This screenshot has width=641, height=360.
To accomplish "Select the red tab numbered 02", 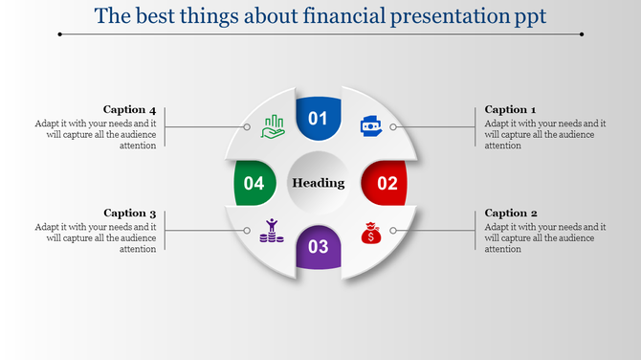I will [x=386, y=183].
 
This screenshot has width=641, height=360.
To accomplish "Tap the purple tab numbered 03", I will [x=318, y=247].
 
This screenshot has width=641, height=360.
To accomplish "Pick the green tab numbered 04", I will [x=254, y=183].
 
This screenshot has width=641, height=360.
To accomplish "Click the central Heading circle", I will [x=319, y=183].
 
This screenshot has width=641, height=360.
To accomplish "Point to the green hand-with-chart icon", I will [x=273, y=126].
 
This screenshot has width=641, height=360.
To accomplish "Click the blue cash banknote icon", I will [x=369, y=125].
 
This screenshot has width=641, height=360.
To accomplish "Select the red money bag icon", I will [x=369, y=232].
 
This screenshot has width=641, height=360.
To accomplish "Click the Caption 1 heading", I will [x=510, y=109].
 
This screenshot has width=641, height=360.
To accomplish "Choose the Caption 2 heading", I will [x=511, y=213].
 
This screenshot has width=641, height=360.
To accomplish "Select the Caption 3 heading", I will [x=130, y=213].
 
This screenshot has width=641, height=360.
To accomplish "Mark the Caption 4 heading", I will [x=130, y=109].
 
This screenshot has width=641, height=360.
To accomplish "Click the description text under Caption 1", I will [x=544, y=134].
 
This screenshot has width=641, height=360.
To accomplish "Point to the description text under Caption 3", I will [x=96, y=237].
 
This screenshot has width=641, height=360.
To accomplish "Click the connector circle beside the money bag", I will [x=392, y=231].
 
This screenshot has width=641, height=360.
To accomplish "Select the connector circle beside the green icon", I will [x=247, y=126].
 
